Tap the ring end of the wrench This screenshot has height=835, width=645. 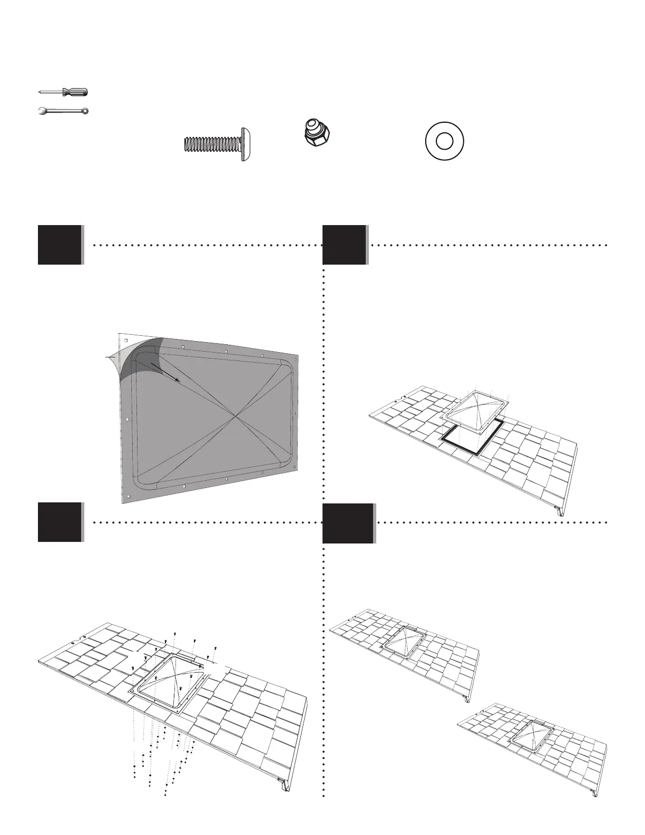[85, 111]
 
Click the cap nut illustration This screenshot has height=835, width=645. [314, 133]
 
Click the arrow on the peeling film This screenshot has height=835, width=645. [165, 372]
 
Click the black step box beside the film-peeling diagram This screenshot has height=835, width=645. [60, 245]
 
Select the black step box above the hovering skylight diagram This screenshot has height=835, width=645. [345, 245]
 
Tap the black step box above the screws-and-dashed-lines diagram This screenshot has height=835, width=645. [60, 522]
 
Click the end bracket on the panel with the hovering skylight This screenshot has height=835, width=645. [558, 510]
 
